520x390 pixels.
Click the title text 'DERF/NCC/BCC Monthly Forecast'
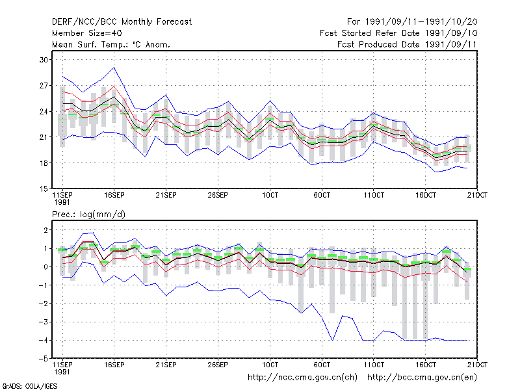coord(122,22)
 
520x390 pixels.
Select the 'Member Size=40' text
coord(87,33)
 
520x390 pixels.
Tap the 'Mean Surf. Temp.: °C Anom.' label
coord(111,44)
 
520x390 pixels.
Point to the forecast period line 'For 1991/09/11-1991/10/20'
coord(412,22)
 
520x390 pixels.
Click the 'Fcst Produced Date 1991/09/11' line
coord(407,44)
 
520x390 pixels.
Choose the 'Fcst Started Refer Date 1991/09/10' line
coord(398,33)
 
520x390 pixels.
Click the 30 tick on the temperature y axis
coord(44,60)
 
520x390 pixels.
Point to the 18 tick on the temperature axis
coord(44,163)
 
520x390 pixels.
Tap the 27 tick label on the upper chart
coord(44,86)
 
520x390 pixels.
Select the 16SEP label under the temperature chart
coord(114,196)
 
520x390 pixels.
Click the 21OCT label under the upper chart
coord(477,196)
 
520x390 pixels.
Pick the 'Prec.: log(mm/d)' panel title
coord(88,214)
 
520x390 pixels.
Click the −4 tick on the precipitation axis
coord(44,340)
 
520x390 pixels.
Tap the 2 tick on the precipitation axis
coord(45,230)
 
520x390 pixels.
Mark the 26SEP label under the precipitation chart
coord(218,365)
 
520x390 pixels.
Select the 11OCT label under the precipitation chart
coord(374,365)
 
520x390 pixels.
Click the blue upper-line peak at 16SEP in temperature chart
coord(114,68)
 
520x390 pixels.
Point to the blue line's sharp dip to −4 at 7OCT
coord(332,340)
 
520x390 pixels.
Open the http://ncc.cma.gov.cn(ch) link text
coord(302,378)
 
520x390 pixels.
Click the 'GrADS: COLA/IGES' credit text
coord(30,386)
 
